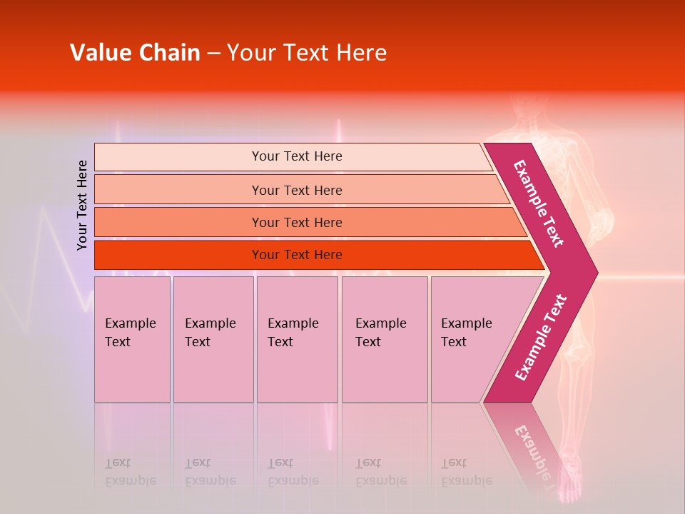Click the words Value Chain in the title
[135, 53]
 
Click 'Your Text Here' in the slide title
[307, 53]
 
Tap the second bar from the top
[297, 190]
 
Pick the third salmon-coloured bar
[297, 222]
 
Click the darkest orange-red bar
[297, 255]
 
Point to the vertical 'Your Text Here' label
[83, 205]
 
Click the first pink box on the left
[132, 338]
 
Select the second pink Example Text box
[213, 338]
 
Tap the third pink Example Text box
[297, 338]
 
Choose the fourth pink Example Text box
[384, 338]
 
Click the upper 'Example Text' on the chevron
[539, 203]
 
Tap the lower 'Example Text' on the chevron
[540, 337]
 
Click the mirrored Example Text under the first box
[130, 472]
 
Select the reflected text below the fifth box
[466, 472]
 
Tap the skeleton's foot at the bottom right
[571, 485]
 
